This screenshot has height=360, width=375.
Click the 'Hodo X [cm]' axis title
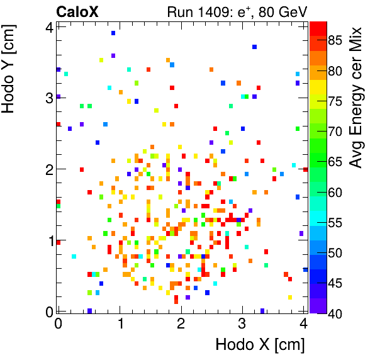tap(260, 345)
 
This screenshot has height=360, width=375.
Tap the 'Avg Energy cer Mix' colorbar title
tap(357, 98)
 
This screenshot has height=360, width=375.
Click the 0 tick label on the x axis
tap(58, 323)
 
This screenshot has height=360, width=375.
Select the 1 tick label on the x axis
tap(120, 323)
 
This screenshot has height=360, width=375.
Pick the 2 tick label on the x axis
tap(181, 323)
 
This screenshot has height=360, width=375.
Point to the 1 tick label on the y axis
tap(48, 240)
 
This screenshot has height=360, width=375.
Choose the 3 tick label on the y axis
tap(48, 98)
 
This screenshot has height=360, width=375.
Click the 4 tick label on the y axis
tap(48, 26)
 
